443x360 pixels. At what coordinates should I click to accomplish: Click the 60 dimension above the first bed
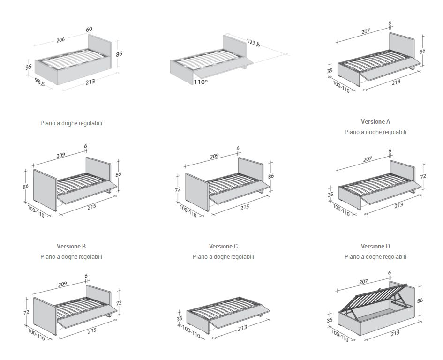[x=89, y=30]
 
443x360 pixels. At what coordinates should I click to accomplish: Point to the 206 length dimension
[x=60, y=40]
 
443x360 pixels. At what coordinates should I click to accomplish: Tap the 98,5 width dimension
[x=40, y=82]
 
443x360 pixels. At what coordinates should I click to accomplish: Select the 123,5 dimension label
[x=254, y=43]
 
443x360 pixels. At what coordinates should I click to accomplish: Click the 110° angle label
[x=201, y=82]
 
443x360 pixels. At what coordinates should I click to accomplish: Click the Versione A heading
[x=375, y=121]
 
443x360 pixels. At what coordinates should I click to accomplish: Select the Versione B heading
[x=71, y=246]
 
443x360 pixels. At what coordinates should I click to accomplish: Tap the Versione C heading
[x=223, y=246]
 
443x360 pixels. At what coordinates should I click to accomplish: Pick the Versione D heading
[x=375, y=246]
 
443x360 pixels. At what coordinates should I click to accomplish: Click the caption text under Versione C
[x=223, y=256]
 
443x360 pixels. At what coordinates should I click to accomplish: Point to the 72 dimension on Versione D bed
[x=423, y=176]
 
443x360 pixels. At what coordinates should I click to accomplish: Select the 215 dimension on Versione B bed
[x=91, y=207]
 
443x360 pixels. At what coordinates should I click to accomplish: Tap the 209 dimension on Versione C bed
[x=214, y=156]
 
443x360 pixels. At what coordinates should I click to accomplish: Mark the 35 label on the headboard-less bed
[x=180, y=318]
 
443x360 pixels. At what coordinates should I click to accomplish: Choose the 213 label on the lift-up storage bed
[x=395, y=333]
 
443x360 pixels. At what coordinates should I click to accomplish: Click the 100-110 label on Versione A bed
[x=341, y=87]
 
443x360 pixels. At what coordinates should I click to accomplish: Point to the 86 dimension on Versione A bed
[x=422, y=52]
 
